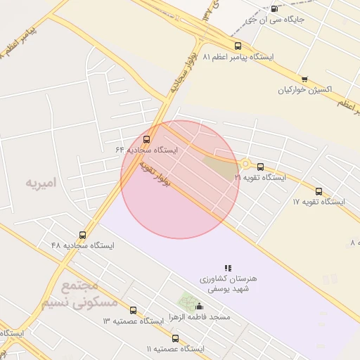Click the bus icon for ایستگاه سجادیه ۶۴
pos(146,139)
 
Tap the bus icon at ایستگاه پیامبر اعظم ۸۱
pos(238,46)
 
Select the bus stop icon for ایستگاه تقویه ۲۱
pos(261,167)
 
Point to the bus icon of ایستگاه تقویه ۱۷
pos(319,191)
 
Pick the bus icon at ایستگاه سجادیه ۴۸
pos(82,235)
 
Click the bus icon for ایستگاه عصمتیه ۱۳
pos(134,310)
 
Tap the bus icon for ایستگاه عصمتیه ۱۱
pos(175,339)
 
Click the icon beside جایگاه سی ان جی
pos(274,9)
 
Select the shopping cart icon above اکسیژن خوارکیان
pos(304,79)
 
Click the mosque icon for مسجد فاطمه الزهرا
pos(200,307)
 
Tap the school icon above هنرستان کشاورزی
pos(228,268)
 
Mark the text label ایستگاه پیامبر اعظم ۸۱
pos(238,56)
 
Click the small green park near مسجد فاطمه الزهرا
pos(186,301)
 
